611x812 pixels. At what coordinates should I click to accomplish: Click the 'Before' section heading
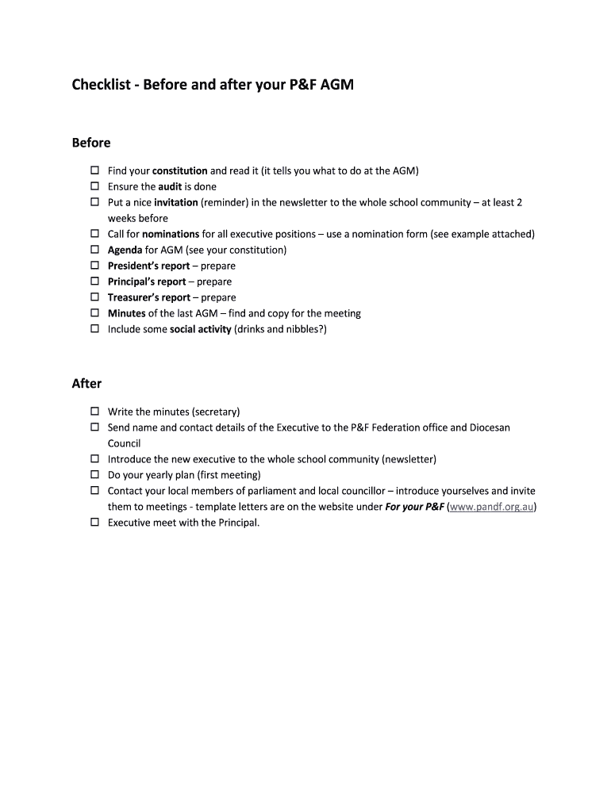pos(91,143)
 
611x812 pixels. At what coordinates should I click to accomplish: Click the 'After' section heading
pos(86,384)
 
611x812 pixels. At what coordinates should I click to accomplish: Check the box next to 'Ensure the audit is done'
pos(94,186)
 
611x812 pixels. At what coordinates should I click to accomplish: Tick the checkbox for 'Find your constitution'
pos(94,170)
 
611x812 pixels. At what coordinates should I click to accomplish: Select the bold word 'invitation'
pos(175,202)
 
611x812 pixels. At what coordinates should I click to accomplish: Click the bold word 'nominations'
pos(170,234)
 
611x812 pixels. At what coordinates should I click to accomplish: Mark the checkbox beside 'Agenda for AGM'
pos(94,250)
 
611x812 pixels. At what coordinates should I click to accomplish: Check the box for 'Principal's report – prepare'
pos(94,282)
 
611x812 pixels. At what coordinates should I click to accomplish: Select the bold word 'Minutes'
pos(127,313)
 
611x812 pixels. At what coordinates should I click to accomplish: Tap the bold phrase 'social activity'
pos(200,329)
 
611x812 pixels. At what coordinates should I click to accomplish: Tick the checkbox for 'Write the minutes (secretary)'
pos(94,412)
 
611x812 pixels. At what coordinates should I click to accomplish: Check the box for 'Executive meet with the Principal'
pos(94,523)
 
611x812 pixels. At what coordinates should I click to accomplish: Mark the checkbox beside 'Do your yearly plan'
pos(94,475)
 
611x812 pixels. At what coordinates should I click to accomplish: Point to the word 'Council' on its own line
pos(124,443)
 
